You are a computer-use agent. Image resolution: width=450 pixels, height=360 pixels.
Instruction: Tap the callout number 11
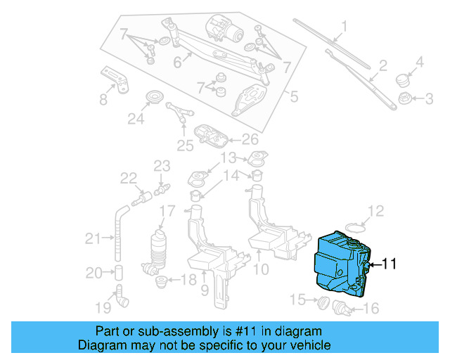[389, 264]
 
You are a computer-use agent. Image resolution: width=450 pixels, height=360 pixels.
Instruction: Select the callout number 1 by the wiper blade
[345, 28]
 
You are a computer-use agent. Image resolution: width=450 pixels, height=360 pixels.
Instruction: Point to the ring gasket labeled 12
[357, 226]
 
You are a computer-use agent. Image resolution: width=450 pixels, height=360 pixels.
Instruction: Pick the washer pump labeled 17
[160, 250]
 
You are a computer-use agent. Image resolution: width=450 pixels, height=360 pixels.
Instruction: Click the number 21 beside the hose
[94, 239]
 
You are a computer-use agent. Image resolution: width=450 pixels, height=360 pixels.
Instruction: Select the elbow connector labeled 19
[122, 300]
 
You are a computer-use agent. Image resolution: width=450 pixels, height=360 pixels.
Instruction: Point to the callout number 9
[205, 289]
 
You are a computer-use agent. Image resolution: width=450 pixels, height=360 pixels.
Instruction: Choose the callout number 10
[260, 269]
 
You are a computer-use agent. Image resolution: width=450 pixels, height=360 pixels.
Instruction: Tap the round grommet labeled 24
[153, 97]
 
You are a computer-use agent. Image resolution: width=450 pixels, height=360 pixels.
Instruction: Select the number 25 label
[184, 146]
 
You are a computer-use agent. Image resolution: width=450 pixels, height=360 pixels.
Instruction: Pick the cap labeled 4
[403, 78]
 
